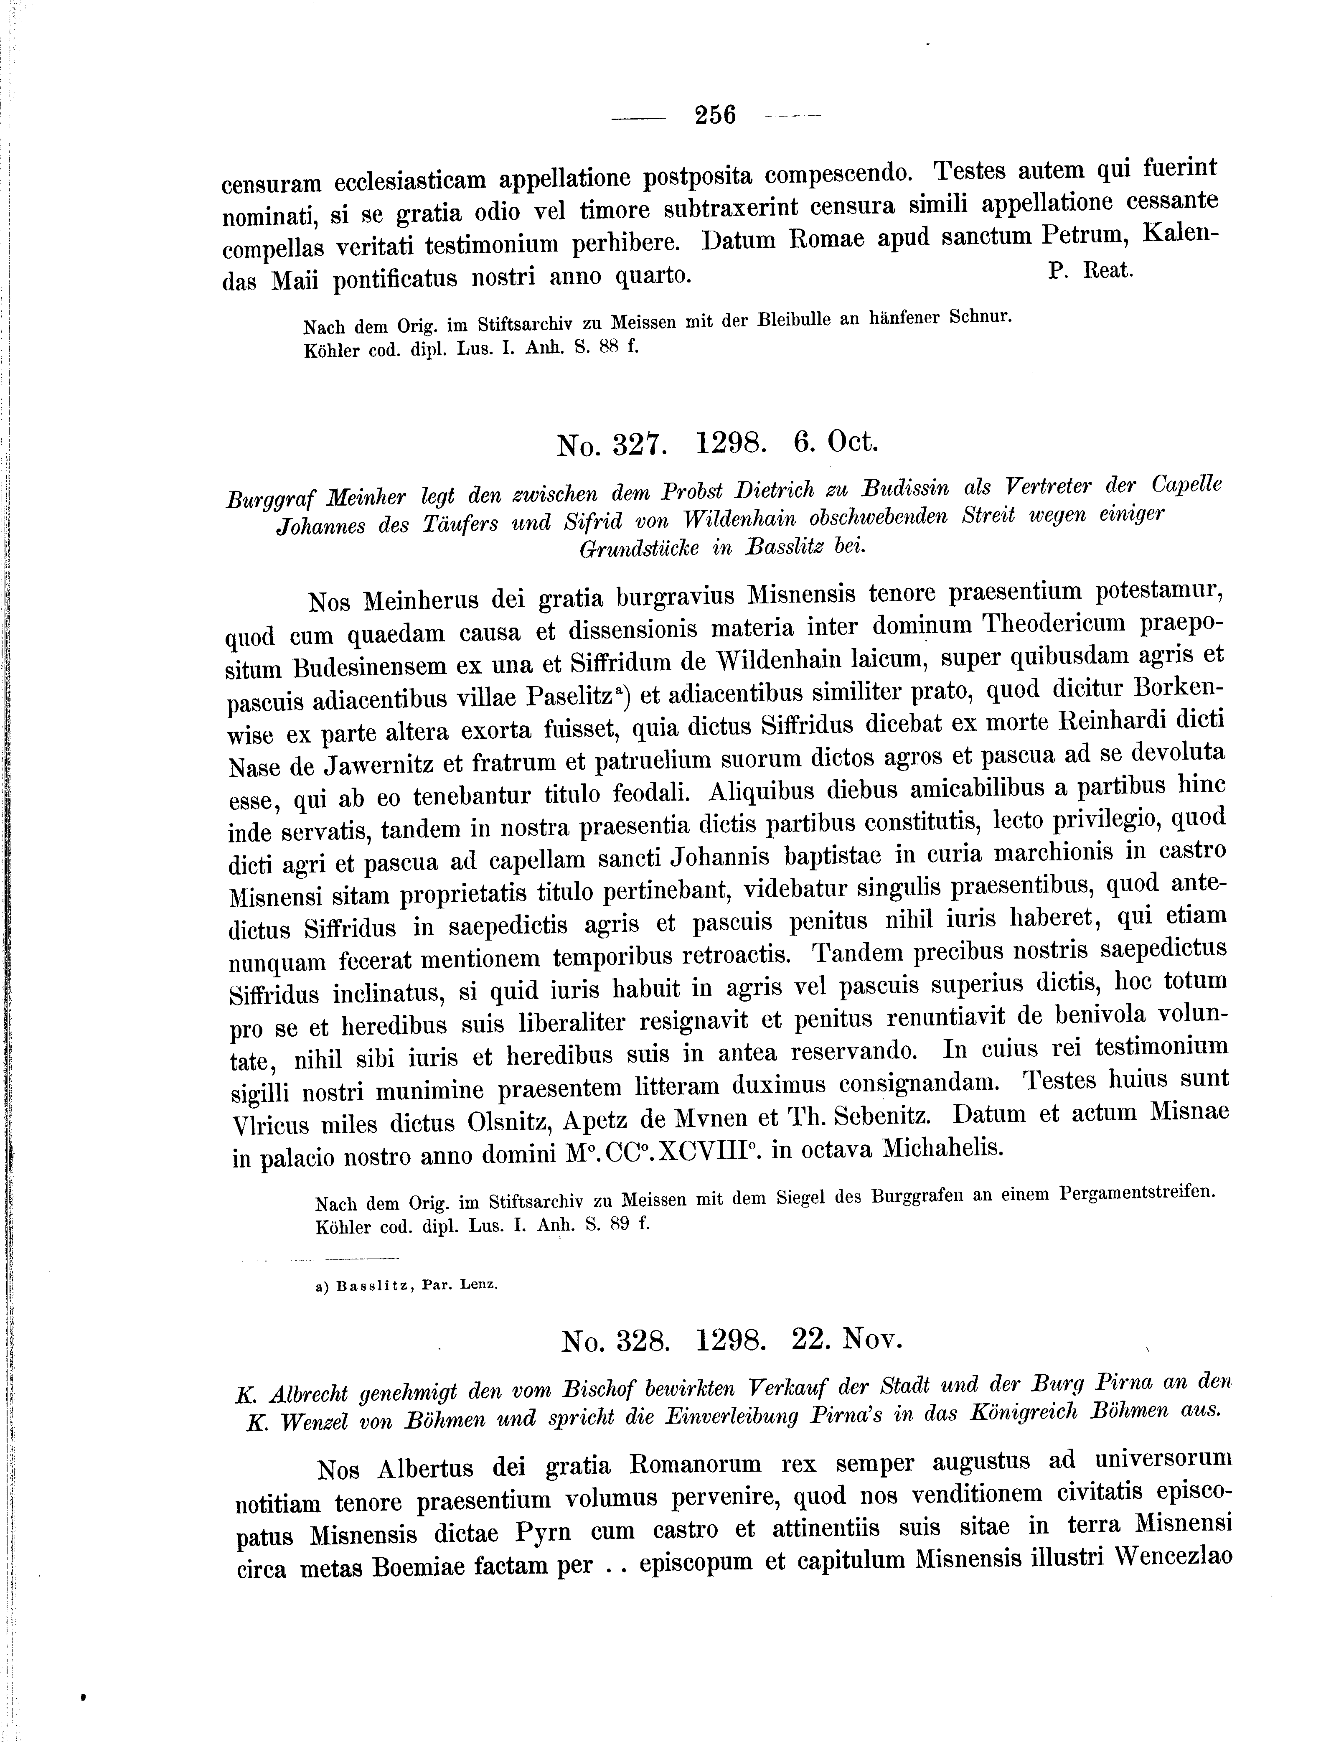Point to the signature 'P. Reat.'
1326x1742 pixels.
pos(1092,270)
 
